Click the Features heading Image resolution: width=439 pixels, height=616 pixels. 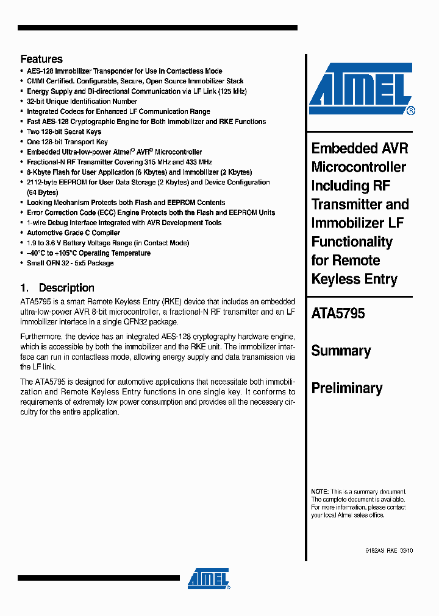pyautogui.click(x=41, y=59)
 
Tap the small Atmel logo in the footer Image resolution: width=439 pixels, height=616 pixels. pyautogui.click(x=209, y=579)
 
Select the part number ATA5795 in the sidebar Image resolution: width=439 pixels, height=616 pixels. pyautogui.click(x=338, y=313)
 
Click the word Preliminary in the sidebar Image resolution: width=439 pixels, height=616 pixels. pyautogui.click(x=347, y=388)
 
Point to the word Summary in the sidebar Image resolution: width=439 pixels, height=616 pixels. pyautogui.click(x=341, y=351)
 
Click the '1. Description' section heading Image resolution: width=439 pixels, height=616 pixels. pyautogui.click(x=57, y=288)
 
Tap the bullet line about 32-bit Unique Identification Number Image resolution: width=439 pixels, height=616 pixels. pyautogui.click(x=82, y=102)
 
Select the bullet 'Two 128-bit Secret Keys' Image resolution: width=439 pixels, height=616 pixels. pyautogui.click(x=64, y=131)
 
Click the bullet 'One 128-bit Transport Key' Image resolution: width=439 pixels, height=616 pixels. pyautogui.click(x=67, y=142)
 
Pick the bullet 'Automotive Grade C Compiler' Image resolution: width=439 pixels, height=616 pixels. pyautogui.click(x=73, y=233)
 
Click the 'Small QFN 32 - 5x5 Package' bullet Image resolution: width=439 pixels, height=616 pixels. pyautogui.click(x=70, y=263)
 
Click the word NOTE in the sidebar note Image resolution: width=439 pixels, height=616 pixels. pyautogui.click(x=319, y=491)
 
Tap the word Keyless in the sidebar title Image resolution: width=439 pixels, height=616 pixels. pyautogui.click(x=336, y=279)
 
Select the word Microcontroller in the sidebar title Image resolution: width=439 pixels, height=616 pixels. pyautogui.click(x=359, y=167)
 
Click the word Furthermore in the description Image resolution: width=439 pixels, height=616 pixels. pyautogui.click(x=41, y=337)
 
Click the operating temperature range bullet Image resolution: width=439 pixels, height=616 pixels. pyautogui.click(x=88, y=253)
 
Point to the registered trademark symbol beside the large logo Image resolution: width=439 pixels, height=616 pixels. pyautogui.click(x=411, y=111)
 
